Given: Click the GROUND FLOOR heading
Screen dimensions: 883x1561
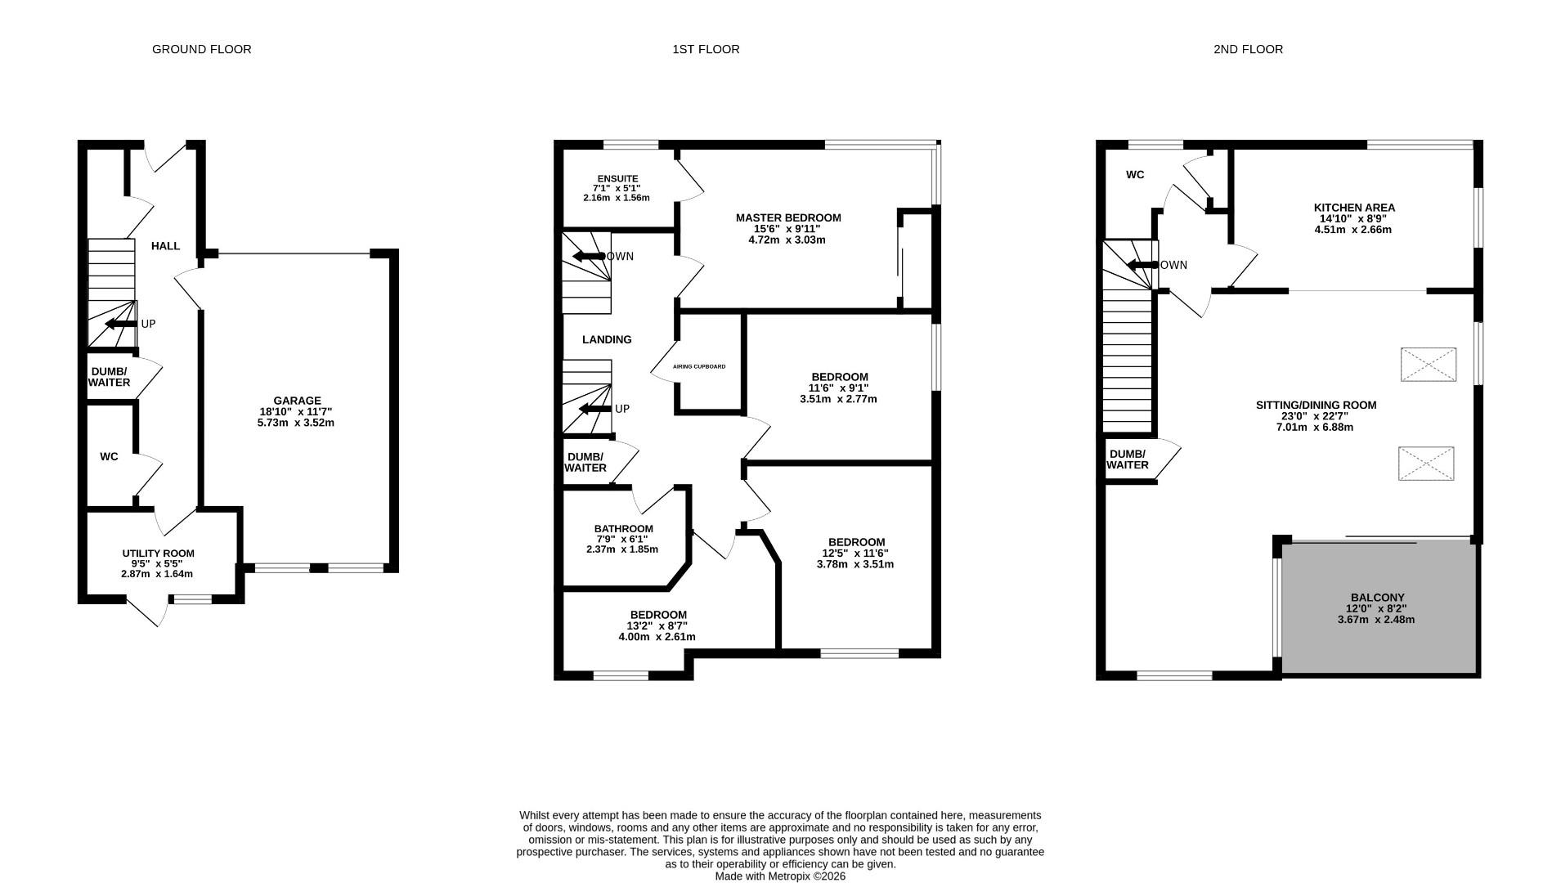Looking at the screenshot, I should (x=201, y=49).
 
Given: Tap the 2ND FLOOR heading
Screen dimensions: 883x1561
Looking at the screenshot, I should (x=1248, y=49).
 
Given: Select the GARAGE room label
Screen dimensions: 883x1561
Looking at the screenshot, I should (x=297, y=401).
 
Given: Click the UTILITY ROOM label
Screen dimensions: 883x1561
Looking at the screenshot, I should (x=158, y=554).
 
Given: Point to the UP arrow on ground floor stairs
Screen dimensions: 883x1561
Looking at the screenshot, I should (x=121, y=324).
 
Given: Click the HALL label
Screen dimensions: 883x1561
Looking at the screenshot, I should (x=165, y=246).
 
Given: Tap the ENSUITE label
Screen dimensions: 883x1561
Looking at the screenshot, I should (x=617, y=178).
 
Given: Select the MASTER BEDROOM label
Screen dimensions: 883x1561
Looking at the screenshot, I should (x=787, y=217).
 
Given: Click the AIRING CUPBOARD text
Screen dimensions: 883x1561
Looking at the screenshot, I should (x=698, y=367).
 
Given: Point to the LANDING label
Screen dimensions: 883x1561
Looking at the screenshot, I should (x=606, y=339).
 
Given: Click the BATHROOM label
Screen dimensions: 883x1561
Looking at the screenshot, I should (x=623, y=529).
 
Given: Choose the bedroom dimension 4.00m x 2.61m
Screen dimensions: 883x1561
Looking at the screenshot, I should (x=657, y=637).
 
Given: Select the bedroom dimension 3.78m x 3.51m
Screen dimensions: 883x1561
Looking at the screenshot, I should (x=855, y=564).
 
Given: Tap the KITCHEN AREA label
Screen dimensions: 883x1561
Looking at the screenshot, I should (x=1353, y=208).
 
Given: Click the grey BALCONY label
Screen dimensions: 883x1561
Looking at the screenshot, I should (x=1377, y=598).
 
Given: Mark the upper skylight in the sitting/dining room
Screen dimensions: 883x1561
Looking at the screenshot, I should (x=1428, y=365).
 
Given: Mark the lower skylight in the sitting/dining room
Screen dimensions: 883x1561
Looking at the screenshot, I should (x=1425, y=464).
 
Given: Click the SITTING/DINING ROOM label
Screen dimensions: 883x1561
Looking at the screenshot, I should (x=1315, y=405).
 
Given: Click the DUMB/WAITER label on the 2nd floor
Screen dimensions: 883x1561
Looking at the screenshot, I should (x=1127, y=459).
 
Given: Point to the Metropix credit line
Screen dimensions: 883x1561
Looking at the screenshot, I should (x=779, y=876).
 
